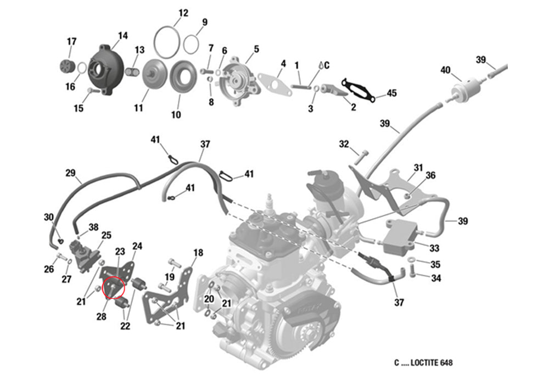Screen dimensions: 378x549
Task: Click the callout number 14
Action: tap(122, 36)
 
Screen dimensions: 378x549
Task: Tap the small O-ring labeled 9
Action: tap(191, 44)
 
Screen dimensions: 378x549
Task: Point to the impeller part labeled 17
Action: tap(66, 66)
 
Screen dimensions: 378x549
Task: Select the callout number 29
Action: tap(70, 173)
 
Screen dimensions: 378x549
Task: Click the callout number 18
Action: tap(198, 253)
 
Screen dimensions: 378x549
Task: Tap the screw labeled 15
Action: tap(92, 91)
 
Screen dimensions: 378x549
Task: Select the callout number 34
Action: tap(436, 279)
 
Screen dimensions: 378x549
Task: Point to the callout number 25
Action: tap(106, 235)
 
